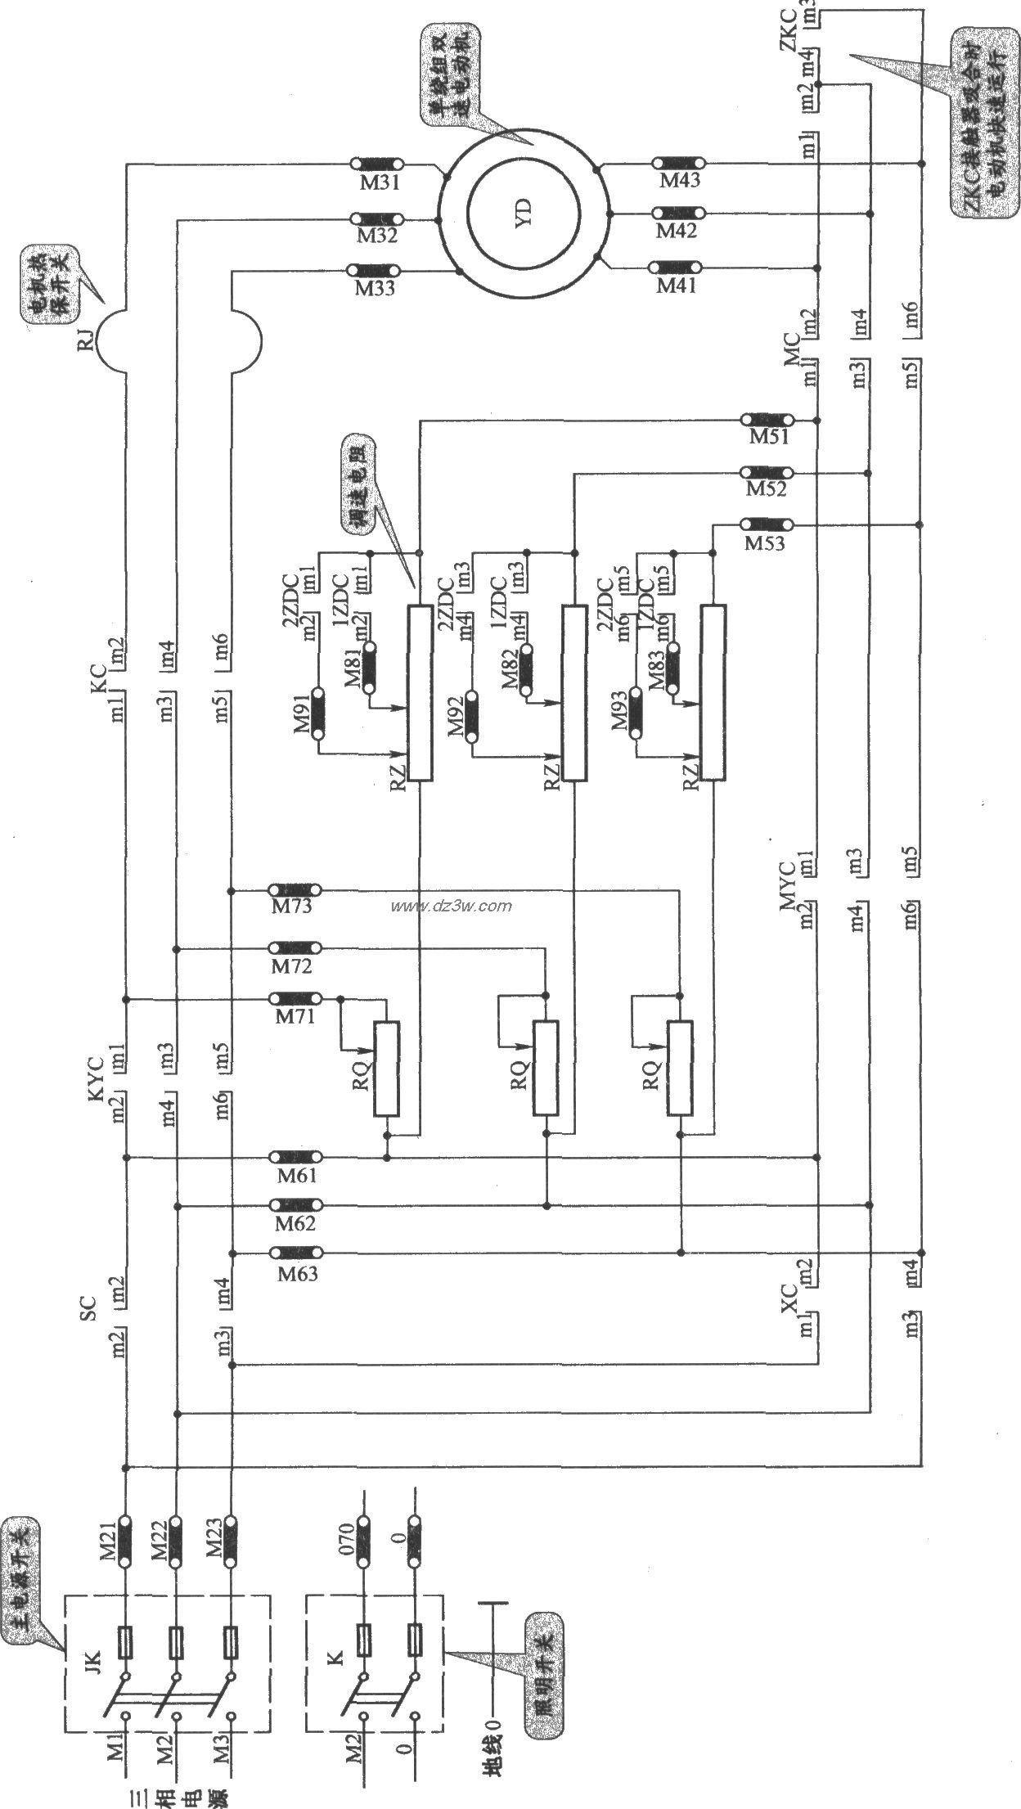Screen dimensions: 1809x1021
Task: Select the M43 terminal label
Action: point(679,180)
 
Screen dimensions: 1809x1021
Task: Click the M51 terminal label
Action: point(769,437)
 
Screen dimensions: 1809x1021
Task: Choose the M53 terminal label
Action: point(765,542)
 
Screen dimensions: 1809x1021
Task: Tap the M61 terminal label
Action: point(295,1176)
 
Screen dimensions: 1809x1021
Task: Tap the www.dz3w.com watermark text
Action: point(452,906)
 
